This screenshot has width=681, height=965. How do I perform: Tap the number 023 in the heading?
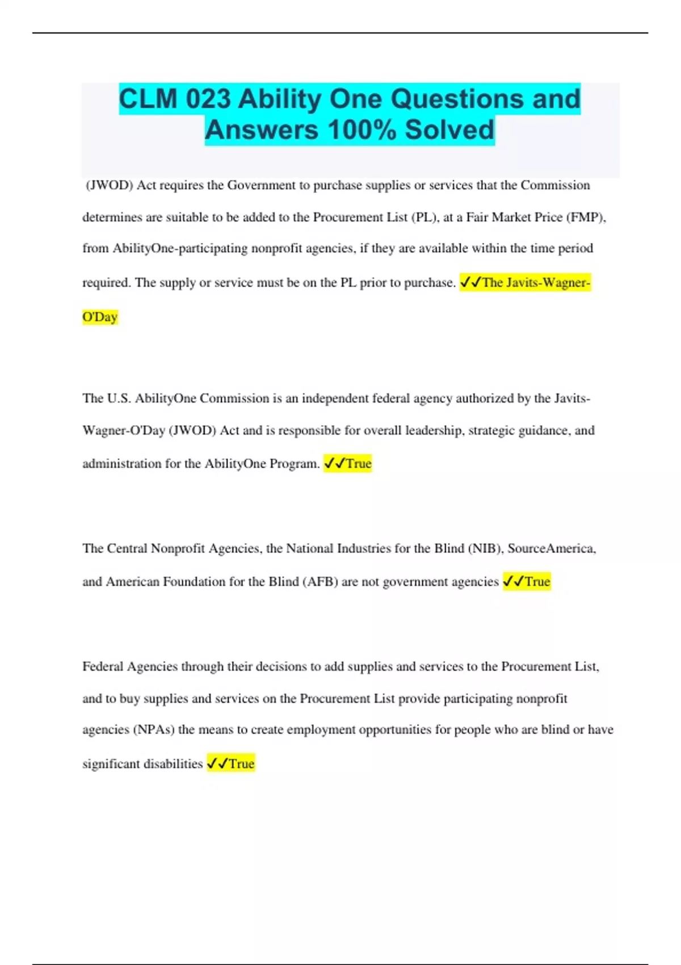pos(208,99)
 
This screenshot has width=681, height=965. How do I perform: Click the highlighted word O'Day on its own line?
pos(100,317)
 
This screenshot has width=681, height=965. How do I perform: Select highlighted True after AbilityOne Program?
pos(359,464)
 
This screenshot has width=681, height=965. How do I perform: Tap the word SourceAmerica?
pos(551,549)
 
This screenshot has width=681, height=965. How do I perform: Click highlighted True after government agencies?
pos(537,582)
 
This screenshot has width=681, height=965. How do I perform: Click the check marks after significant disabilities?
pos(217,764)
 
